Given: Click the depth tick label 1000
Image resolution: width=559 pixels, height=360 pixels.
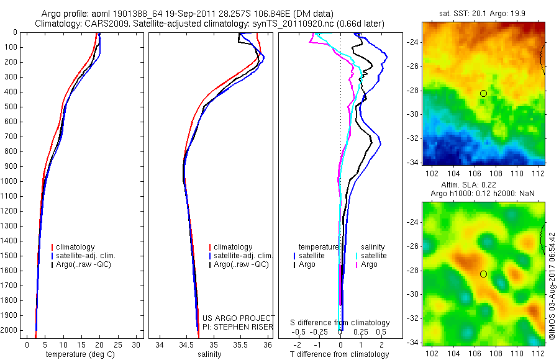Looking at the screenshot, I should [9, 181].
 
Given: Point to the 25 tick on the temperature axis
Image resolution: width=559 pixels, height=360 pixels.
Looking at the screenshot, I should [117, 344].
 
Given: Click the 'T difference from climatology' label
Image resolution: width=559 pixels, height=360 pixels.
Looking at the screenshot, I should [340, 354].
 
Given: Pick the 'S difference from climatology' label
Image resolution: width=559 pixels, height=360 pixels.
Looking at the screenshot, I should [340, 323].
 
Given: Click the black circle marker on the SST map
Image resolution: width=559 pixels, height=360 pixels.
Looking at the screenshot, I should [483, 93].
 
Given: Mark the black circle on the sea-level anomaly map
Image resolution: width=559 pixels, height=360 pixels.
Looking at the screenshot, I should [483, 274].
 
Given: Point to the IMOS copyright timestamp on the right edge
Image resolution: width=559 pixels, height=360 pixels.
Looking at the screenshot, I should [552, 286].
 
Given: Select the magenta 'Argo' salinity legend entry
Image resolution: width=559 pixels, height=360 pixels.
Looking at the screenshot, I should [369, 264].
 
